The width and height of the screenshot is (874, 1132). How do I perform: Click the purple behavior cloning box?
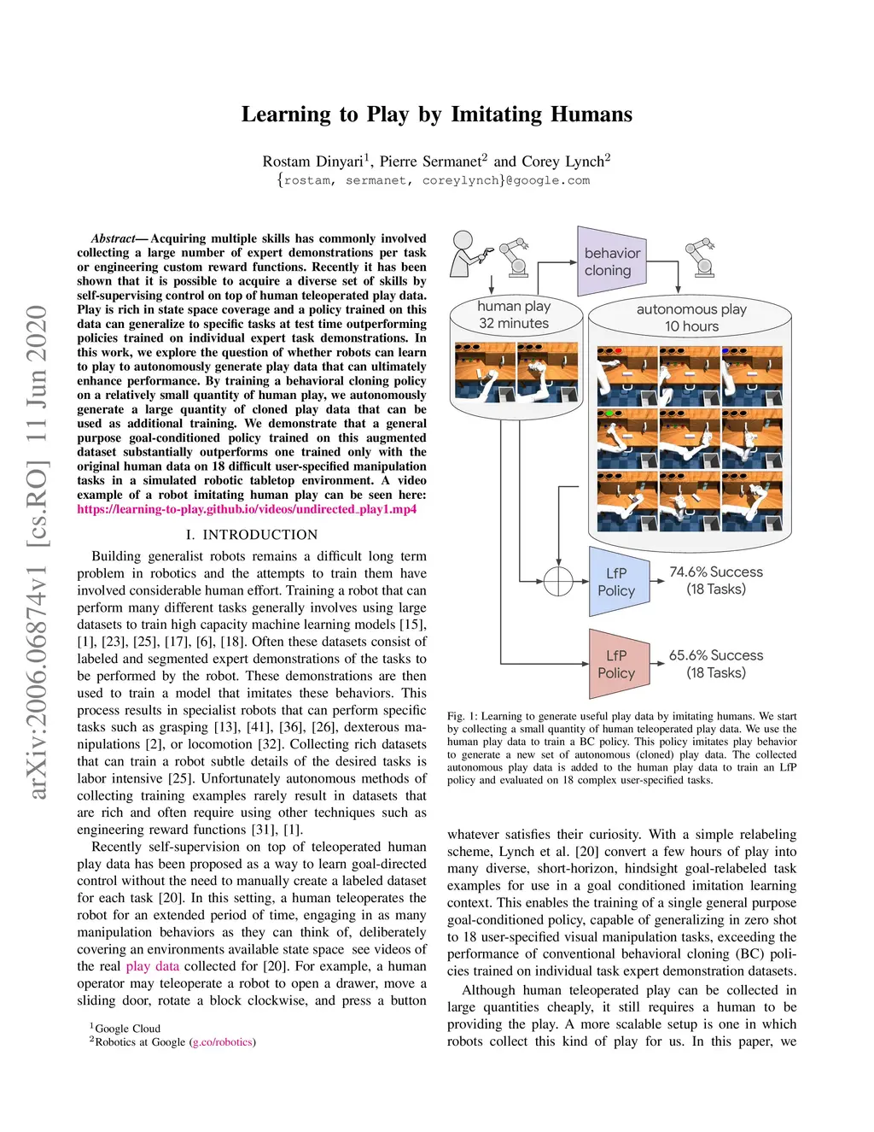coord(611,261)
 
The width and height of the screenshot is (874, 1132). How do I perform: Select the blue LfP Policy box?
coord(617,582)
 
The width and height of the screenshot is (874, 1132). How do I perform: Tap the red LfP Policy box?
coord(617,664)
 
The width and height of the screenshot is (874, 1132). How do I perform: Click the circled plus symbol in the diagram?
coord(558,581)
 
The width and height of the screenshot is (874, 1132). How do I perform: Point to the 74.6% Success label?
coord(716,572)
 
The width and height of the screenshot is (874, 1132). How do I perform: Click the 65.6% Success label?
coord(716,655)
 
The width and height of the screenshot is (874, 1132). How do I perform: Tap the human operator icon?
coord(466,252)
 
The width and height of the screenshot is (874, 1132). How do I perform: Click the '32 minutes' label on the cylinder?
coord(514,323)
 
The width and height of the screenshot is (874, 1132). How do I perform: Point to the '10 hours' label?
coord(692,326)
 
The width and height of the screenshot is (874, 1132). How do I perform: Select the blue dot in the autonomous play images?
coord(725,351)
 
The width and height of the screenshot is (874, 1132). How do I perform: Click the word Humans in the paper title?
coord(591,114)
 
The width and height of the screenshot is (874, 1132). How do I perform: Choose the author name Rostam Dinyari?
coord(313,161)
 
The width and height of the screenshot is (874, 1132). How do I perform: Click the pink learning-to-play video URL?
coord(247,509)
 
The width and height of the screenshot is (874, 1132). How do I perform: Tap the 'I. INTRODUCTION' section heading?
coord(252,535)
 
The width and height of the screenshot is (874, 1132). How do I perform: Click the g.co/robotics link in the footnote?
coord(223,1041)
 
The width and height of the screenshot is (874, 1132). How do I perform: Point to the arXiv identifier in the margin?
coord(37,552)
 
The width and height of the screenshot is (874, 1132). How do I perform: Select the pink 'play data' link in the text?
coord(153,966)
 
